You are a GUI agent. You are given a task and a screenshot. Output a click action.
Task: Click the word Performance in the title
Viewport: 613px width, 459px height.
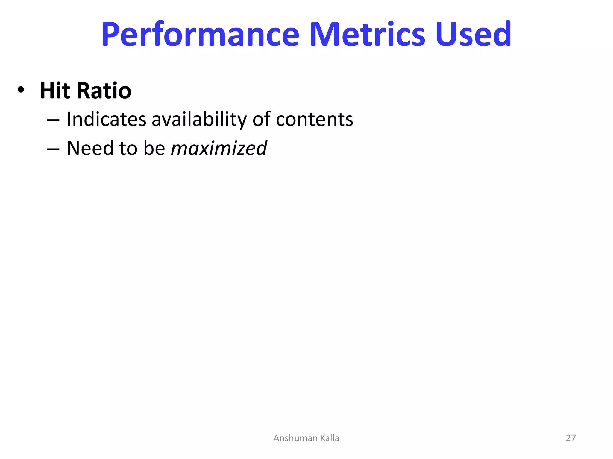(x=200, y=34)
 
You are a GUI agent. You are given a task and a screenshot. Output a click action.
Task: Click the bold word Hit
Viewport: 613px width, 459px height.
(x=55, y=91)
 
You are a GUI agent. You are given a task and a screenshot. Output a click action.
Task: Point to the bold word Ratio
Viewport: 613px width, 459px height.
(x=104, y=91)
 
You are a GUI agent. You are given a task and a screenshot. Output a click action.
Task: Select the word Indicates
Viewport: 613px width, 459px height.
(x=106, y=119)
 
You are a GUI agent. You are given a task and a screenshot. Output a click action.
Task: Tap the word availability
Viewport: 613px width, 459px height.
(x=199, y=120)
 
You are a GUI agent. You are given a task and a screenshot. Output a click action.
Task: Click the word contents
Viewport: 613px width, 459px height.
(x=314, y=120)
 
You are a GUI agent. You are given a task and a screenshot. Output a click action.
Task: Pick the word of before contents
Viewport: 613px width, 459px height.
(x=261, y=119)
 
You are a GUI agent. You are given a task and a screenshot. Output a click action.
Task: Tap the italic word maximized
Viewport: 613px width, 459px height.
(x=219, y=148)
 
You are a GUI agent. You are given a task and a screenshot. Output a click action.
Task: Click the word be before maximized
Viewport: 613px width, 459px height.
(x=154, y=148)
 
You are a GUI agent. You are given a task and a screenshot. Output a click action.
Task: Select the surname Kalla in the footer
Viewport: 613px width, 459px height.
(x=330, y=438)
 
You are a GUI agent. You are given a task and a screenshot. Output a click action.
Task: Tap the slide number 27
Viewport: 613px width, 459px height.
(x=570, y=438)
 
